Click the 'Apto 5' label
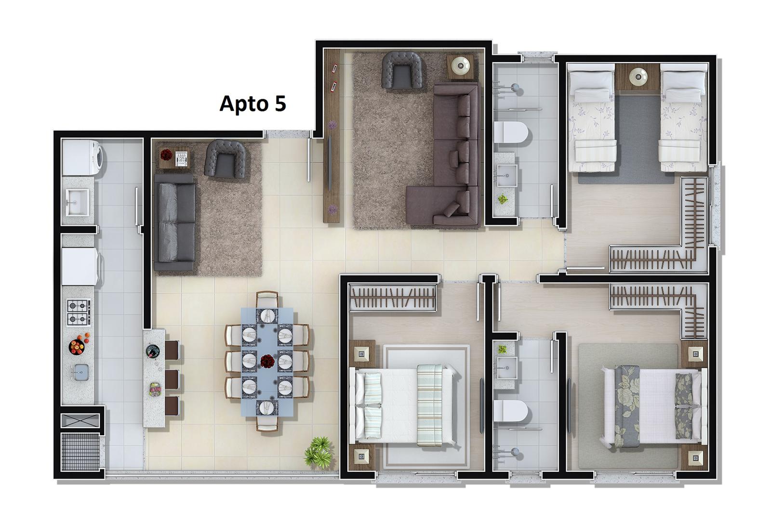tap(253, 104)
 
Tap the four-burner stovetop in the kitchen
tap(79, 312)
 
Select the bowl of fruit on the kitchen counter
tap(77, 346)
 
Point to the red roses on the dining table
tap(267, 361)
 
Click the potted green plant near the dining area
tap(319, 452)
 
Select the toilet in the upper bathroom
tap(511, 132)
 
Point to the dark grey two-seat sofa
tap(175, 222)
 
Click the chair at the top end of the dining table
tap(267, 299)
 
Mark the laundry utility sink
tap(78, 202)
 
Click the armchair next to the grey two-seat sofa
tap(225, 159)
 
